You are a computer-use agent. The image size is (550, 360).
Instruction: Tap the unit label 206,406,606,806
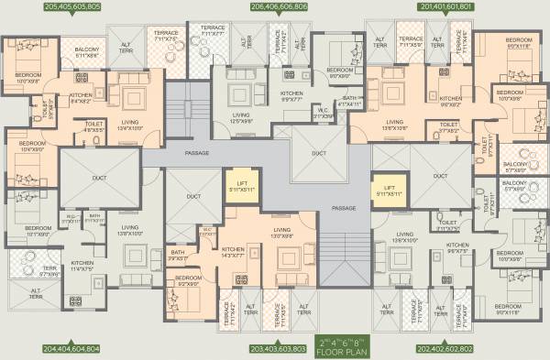[280, 6]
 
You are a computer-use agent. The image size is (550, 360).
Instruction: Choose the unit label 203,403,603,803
[280, 349]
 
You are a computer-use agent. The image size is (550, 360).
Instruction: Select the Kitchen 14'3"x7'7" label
[234, 252]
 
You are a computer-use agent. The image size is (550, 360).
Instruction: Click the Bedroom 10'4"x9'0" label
[33, 147]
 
